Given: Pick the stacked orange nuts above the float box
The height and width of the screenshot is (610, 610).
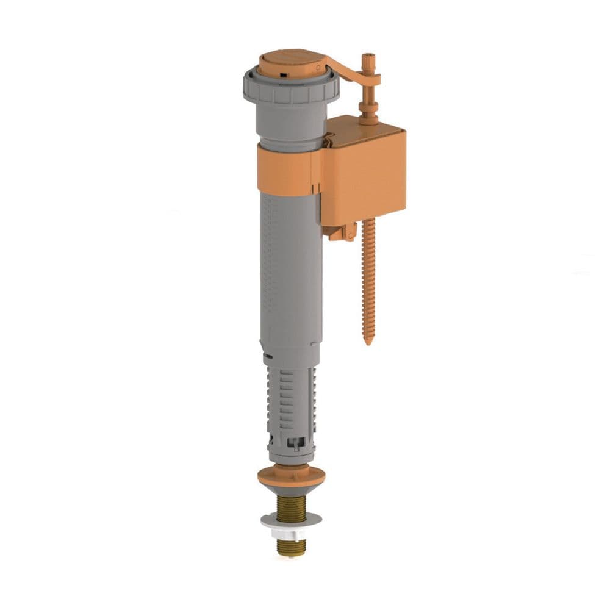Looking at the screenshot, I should (x=368, y=110).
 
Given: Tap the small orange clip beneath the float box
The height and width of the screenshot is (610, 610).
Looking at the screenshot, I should (x=340, y=232).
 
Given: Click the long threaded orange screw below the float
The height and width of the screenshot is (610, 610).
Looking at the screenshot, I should (x=368, y=274).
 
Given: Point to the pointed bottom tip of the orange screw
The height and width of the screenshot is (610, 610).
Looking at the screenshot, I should (x=368, y=342).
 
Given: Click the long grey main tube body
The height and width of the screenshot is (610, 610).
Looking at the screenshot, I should (x=290, y=274).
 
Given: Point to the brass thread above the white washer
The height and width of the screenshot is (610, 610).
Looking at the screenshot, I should (x=291, y=507).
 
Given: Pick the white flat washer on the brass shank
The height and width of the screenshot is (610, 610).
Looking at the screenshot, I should (x=291, y=520).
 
